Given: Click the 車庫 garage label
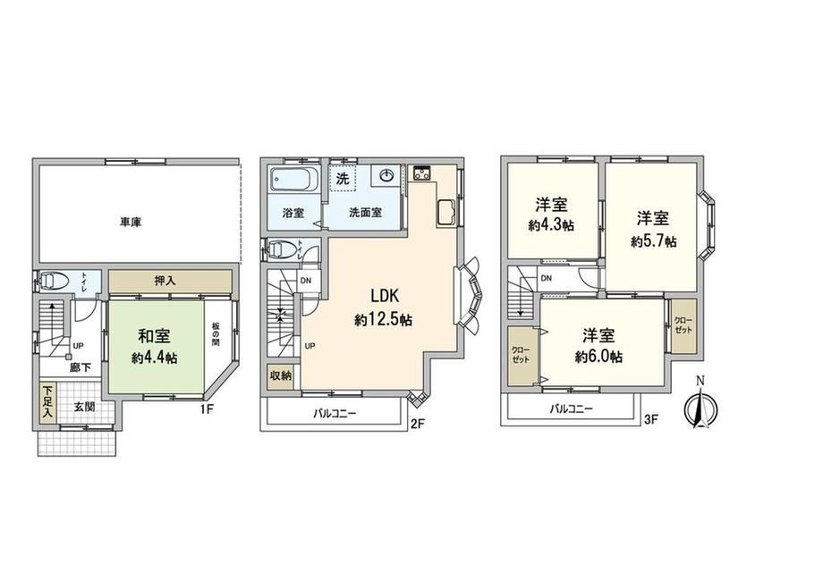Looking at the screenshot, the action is pyautogui.click(x=131, y=222).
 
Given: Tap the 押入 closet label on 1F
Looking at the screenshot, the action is pyautogui.click(x=165, y=282).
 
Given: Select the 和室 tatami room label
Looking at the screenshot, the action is pyautogui.click(x=154, y=336).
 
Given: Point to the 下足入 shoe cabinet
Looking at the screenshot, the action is pyautogui.click(x=48, y=403).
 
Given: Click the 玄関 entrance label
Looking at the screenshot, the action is pyautogui.click(x=84, y=406).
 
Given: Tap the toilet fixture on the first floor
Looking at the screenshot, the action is pyautogui.click(x=53, y=282).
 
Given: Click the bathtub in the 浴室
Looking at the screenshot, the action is pyautogui.click(x=294, y=180).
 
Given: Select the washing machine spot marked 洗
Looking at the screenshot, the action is pyautogui.click(x=343, y=179).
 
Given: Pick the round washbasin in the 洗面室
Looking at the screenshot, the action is pyautogui.click(x=386, y=176).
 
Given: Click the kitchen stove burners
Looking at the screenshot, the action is pyautogui.click(x=421, y=173).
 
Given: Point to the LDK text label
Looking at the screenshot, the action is pyautogui.click(x=385, y=296).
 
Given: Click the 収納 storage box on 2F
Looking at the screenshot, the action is pyautogui.click(x=281, y=376).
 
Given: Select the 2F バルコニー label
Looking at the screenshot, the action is pyautogui.click(x=335, y=414).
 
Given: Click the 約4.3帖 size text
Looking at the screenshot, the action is pyautogui.click(x=551, y=225).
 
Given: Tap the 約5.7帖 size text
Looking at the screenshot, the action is pyautogui.click(x=653, y=241).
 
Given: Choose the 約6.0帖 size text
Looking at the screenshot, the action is pyautogui.click(x=598, y=358).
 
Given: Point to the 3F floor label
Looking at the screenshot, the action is pyautogui.click(x=651, y=419).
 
